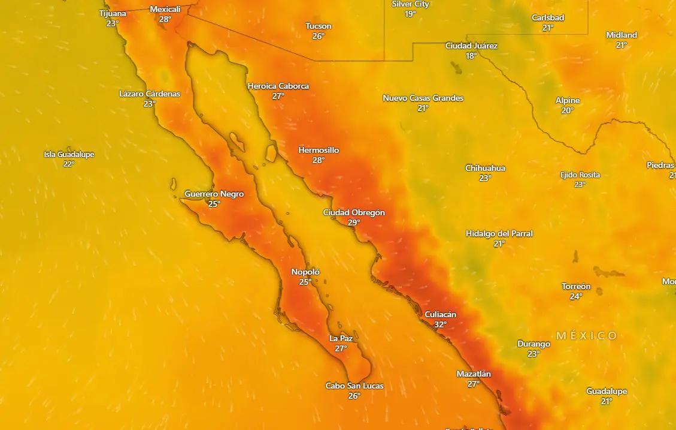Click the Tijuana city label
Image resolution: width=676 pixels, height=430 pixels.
pos(113,13)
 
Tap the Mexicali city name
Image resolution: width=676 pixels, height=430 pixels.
pos(165,10)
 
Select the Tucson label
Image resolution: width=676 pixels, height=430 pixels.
pos(318,26)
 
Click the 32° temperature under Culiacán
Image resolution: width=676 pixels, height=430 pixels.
pos(440,324)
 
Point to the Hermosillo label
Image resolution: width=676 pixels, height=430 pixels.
pos(319,150)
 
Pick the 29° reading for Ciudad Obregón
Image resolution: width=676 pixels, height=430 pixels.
pos(354,222)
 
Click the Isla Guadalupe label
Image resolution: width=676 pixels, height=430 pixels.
pos(69,155)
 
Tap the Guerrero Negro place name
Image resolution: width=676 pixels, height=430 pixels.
pos(214,194)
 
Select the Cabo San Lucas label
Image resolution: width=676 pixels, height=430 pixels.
pos(354,386)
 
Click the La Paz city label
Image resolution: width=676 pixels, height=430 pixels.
pos(341,338)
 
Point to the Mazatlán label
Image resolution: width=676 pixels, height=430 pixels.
pos(474,374)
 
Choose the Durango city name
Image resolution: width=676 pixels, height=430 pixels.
pos(533,344)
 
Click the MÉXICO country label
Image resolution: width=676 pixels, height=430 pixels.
pos(586,336)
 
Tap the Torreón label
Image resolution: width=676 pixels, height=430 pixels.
pos(576,287)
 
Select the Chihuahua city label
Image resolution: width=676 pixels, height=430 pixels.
pos(485,168)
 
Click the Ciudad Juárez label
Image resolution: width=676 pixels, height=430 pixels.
pos(471,46)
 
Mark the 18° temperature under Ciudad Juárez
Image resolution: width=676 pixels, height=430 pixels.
pos(471,56)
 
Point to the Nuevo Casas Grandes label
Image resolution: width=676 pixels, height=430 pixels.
pos(423,98)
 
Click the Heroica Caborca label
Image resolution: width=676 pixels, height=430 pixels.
pos(278,86)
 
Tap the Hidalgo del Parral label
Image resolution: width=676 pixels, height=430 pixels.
pos(499,233)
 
